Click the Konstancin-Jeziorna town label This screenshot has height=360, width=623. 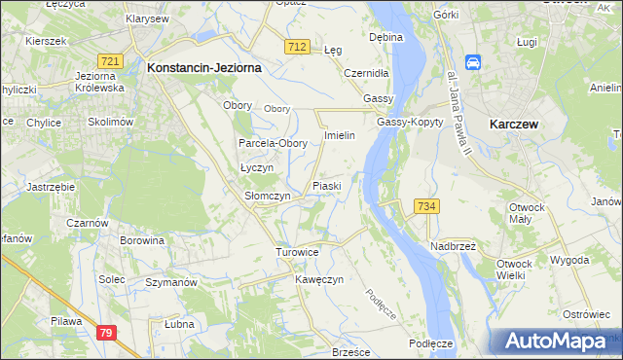click(x=201, y=68)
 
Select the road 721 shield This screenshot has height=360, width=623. click(x=110, y=61)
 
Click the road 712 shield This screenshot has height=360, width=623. click(x=298, y=48)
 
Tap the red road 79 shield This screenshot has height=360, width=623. click(x=107, y=334)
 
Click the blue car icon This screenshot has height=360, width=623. click(x=474, y=63)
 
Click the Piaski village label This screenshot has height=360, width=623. click(x=326, y=185)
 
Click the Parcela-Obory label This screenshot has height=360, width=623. click(x=274, y=143)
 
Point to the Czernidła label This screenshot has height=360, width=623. click(x=367, y=73)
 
